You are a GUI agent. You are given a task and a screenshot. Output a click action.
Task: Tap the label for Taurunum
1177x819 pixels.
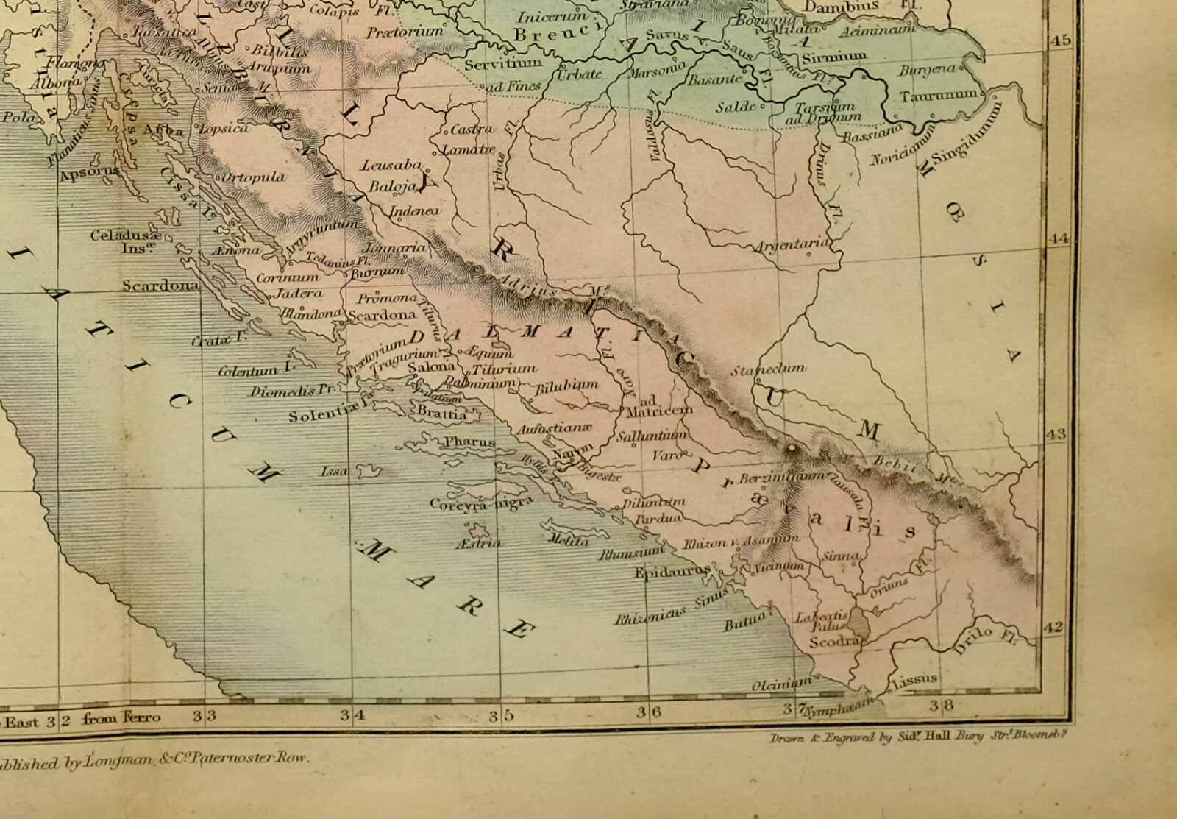pos(939,96)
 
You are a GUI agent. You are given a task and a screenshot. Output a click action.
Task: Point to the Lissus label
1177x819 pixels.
pos(914,678)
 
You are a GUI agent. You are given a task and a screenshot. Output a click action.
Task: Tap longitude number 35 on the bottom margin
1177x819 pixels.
pos(506,713)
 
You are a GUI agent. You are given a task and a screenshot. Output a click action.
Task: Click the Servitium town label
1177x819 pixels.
pos(503,63)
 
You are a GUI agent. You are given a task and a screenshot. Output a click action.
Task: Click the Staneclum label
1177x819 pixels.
pos(767,369)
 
